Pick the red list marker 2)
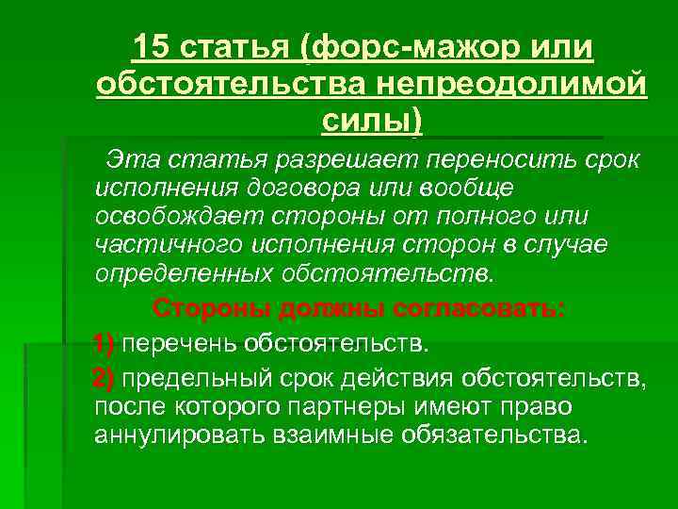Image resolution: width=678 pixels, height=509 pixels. [x=105, y=379]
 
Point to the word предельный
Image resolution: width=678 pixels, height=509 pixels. [x=198, y=379]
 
